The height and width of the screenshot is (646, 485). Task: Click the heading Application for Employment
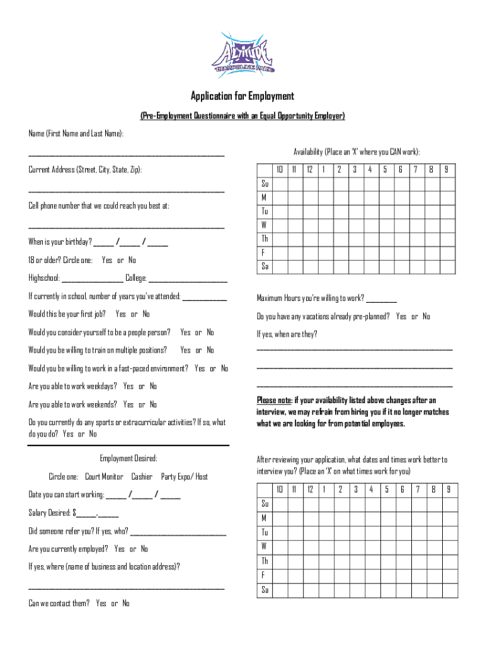[243, 97]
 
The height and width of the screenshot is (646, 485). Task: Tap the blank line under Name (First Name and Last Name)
[126, 153]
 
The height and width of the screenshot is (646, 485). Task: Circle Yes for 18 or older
[107, 261]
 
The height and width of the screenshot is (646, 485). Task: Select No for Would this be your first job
[145, 314]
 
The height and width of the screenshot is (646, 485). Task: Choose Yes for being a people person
[185, 332]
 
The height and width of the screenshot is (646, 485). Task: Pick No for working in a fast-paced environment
[225, 368]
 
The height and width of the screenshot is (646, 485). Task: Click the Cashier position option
[142, 477]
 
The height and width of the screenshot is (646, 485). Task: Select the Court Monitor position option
[104, 477]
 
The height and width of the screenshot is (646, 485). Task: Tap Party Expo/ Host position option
[185, 477]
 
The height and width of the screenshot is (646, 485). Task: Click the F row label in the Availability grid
[265, 252]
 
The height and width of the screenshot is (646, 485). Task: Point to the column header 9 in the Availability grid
[447, 170]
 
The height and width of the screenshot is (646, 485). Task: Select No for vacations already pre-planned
[426, 317]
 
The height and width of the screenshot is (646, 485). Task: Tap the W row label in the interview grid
[265, 546]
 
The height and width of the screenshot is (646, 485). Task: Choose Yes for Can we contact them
[101, 604]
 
